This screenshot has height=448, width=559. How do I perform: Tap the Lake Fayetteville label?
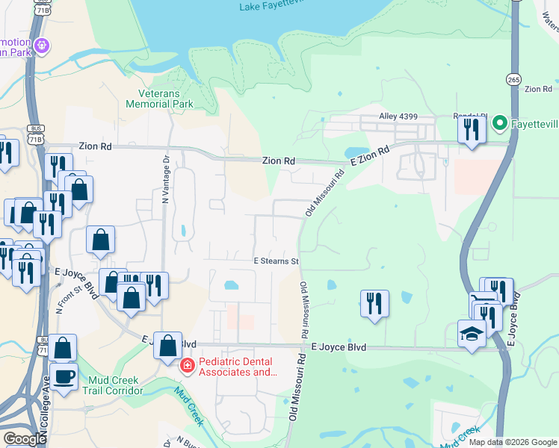point(271,7)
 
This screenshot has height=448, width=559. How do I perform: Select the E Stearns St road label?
point(276,261)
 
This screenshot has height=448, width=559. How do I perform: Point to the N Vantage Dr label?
point(165,179)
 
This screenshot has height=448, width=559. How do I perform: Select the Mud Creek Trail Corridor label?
point(113,385)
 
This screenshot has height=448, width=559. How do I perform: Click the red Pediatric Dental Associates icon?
point(186,366)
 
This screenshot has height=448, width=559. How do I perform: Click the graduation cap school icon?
point(472,333)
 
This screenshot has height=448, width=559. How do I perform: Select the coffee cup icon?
point(64,375)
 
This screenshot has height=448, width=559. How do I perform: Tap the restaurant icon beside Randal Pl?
point(471,130)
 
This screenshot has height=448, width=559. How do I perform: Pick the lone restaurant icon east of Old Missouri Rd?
point(374,303)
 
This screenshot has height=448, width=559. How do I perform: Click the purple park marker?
point(43,46)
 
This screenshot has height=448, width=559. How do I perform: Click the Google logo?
point(25,439)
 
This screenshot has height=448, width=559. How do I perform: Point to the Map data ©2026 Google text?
point(513,442)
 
